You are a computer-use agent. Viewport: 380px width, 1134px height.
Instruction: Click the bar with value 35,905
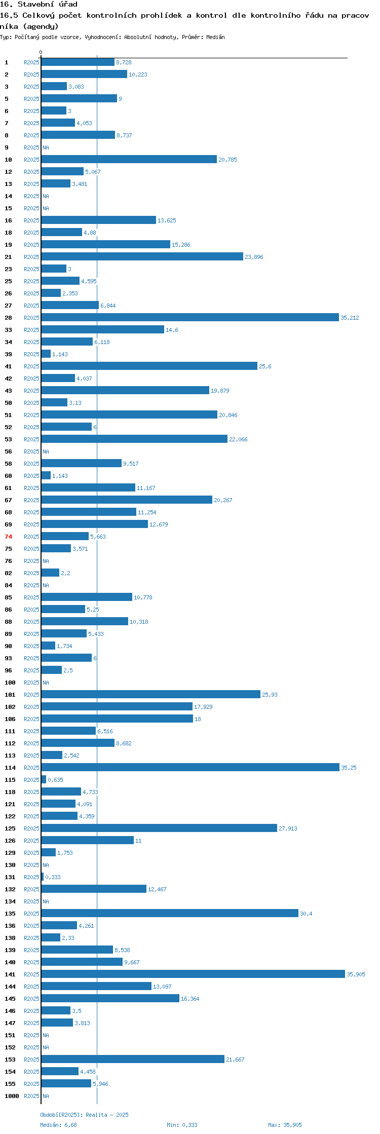(193, 974)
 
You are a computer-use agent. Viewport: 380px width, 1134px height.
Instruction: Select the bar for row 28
(190, 317)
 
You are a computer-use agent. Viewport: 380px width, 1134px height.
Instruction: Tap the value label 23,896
(254, 257)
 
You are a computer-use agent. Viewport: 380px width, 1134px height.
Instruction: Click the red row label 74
(8, 537)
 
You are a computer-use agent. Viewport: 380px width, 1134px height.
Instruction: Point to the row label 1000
(12, 1096)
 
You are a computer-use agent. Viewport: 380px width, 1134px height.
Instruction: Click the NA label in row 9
(46, 147)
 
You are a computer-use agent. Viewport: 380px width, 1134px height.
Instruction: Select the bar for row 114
(191, 767)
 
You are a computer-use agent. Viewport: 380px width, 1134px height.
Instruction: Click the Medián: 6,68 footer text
(58, 1125)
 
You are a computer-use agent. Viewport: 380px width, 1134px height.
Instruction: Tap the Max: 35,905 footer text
(285, 1125)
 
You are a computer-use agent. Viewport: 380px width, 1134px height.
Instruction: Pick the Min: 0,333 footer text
(182, 1125)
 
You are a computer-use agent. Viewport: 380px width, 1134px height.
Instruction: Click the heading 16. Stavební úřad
(39, 4)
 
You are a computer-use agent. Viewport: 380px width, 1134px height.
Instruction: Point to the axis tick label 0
(41, 52)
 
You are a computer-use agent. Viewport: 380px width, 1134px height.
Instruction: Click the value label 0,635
(55, 780)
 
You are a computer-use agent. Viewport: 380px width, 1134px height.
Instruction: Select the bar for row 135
(170, 913)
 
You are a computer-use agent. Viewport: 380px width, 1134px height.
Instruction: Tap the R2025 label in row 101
(31, 695)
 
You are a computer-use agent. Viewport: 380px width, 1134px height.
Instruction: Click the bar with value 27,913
(159, 828)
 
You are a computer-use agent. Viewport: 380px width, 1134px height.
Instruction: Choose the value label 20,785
(227, 160)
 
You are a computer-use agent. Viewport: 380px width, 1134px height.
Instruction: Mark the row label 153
(10, 1060)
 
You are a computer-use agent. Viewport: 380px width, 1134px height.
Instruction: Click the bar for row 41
(149, 366)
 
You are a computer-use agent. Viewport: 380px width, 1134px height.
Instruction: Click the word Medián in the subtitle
(215, 37)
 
